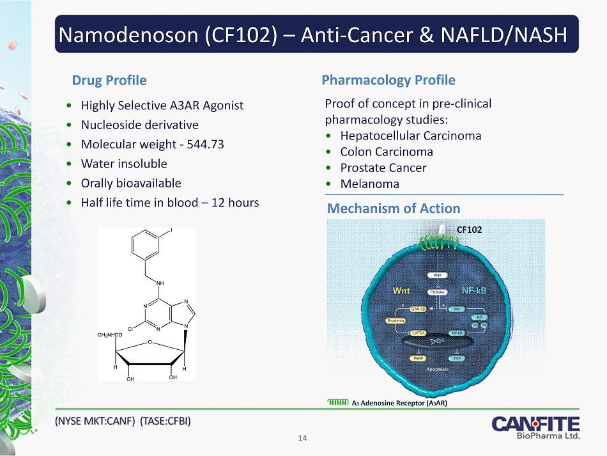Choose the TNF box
point(457,358)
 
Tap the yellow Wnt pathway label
point(402,290)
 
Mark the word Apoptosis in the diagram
point(438,370)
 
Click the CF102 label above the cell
point(469,229)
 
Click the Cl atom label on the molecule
point(131,327)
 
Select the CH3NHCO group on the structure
point(109,335)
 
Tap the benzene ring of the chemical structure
point(148,246)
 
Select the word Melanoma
point(369,184)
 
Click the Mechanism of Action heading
point(393,208)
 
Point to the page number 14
point(303,438)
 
